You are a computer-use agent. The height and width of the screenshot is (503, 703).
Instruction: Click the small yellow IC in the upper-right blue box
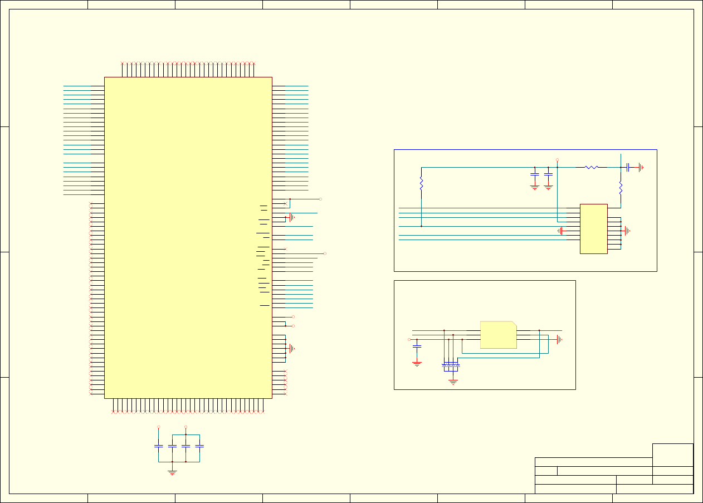coord(593,229)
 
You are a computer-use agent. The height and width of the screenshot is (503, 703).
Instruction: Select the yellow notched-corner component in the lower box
coord(498,335)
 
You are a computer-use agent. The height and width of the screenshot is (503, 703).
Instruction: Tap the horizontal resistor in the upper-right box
coord(592,167)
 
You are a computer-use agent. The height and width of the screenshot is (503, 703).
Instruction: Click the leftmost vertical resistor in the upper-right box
coord(421,183)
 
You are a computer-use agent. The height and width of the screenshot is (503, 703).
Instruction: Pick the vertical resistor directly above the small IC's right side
coord(621,188)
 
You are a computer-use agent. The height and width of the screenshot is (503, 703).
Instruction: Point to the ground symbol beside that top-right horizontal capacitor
coord(641,167)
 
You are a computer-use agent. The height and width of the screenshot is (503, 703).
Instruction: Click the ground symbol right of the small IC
coord(627,231)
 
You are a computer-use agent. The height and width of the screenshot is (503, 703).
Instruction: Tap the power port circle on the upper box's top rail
coord(558,160)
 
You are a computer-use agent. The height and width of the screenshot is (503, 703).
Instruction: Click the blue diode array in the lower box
coord(451,366)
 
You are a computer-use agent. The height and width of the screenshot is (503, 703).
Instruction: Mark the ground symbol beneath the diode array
coord(453,381)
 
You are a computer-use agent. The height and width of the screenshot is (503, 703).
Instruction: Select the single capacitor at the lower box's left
coord(417,346)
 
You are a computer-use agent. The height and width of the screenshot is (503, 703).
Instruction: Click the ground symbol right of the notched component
coord(559,339)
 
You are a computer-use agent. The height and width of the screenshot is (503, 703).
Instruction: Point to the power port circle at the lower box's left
coord(409,339)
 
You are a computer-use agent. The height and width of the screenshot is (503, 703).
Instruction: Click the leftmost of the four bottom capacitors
coord(158,446)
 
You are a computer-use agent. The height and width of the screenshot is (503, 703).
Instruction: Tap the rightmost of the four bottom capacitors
coord(199,446)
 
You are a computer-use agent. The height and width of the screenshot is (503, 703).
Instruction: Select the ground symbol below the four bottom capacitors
coord(172,471)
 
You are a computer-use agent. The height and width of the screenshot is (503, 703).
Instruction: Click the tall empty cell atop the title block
coord(672,455)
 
